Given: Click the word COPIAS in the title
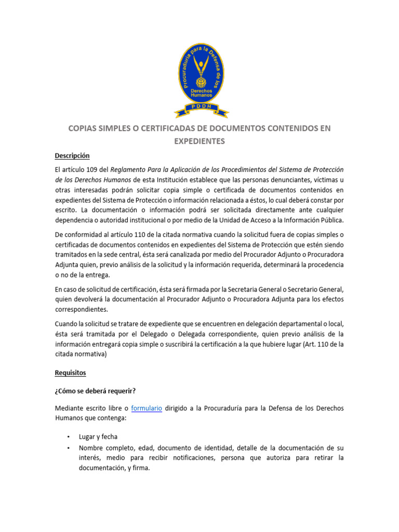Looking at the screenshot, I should [84, 128].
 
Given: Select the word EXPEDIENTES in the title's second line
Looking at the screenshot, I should [199, 141].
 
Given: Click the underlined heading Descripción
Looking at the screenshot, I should [72, 155].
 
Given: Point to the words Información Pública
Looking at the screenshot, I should [315, 219].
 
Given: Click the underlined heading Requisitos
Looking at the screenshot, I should [71, 373].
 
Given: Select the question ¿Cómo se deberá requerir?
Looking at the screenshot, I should [96, 391].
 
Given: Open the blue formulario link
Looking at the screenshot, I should [147, 408].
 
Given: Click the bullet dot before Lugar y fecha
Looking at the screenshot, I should [68, 437].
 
